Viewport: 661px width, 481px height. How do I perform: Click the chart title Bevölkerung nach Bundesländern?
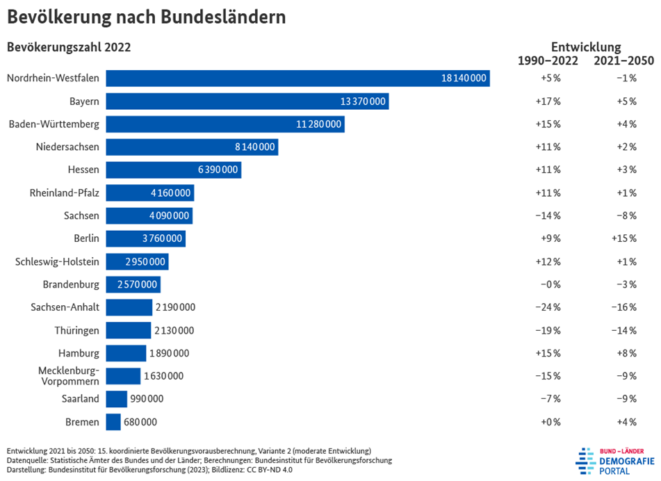pyautogui.click(x=146, y=17)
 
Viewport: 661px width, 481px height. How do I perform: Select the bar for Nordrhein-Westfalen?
pyautogui.click(x=297, y=79)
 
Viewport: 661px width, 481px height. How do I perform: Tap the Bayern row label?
pyautogui.click(x=84, y=101)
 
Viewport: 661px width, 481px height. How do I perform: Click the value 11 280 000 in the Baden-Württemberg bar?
pyautogui.click(x=319, y=124)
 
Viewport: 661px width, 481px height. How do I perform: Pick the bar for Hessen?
pyautogui.click(x=174, y=170)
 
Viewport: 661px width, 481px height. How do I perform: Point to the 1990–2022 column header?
pyautogui.click(x=548, y=60)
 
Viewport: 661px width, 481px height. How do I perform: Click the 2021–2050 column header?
pyautogui.click(x=623, y=60)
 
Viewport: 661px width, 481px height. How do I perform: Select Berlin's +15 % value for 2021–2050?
pyautogui.click(x=626, y=238)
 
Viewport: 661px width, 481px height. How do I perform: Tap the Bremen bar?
pyautogui.click(x=113, y=422)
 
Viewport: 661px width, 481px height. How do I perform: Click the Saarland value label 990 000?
pyautogui.click(x=147, y=399)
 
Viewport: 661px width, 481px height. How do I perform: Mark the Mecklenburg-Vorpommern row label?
pyautogui.click(x=68, y=376)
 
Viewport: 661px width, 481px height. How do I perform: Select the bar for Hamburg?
pyautogui.click(x=126, y=353)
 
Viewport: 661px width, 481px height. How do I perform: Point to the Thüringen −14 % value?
pyautogui.click(x=626, y=330)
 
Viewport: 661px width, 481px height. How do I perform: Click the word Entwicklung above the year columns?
pyautogui.click(x=585, y=47)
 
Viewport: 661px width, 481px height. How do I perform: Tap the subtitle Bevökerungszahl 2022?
pyautogui.click(x=69, y=47)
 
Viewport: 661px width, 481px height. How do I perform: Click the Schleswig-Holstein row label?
pyautogui.click(x=57, y=261)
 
